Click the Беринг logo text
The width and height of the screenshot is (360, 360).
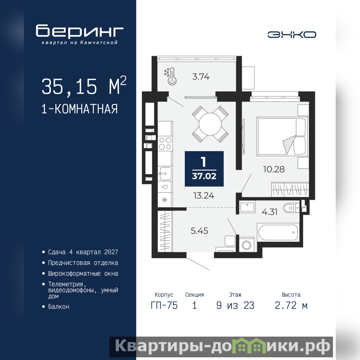[x=80, y=31]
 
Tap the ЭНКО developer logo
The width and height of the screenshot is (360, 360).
[x=292, y=35]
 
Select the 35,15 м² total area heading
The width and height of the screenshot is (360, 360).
[x=84, y=86]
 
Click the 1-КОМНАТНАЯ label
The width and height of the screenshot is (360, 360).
[x=80, y=109]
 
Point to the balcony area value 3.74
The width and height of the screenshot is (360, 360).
[x=201, y=76]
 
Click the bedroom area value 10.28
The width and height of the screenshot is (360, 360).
[x=274, y=170]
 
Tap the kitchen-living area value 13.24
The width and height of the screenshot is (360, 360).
[x=204, y=196]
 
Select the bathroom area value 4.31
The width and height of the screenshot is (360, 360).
[x=270, y=211]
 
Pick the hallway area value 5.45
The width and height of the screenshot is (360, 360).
[x=199, y=231]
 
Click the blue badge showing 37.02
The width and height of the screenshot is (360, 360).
[x=204, y=169]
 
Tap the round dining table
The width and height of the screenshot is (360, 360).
[x=210, y=124]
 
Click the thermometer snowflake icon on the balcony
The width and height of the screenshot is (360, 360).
[x=170, y=76]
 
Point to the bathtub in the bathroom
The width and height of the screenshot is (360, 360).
[x=278, y=232]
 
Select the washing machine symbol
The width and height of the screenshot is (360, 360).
[x=247, y=245]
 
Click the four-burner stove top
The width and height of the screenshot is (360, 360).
[x=165, y=143]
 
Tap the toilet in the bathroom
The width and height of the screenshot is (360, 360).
[x=291, y=208]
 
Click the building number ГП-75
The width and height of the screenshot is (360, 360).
[x=164, y=306]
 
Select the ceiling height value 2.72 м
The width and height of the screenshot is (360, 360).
[x=291, y=306]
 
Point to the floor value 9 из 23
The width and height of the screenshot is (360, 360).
[x=235, y=306]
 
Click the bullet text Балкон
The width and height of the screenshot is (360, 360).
[x=58, y=306]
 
